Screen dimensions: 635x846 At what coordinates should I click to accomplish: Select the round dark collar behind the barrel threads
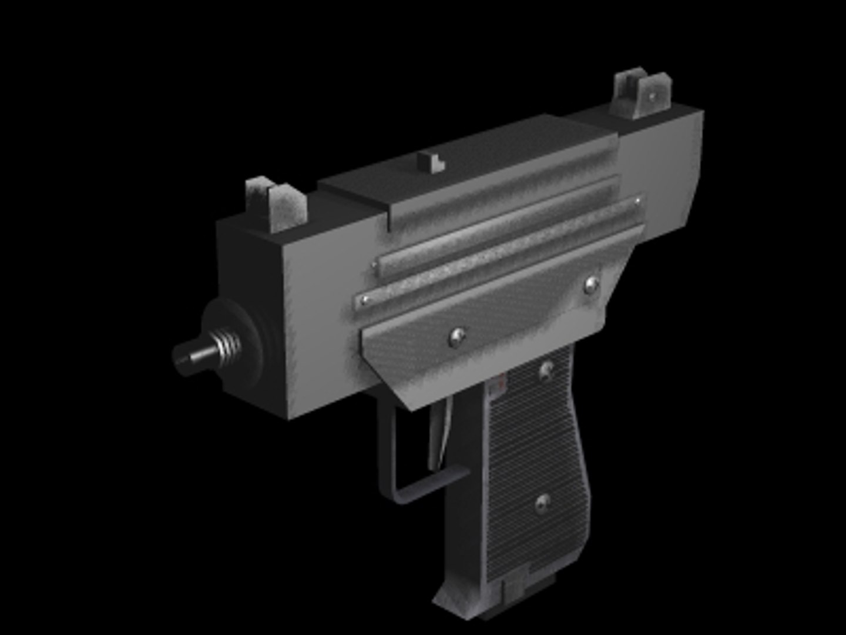[244, 341]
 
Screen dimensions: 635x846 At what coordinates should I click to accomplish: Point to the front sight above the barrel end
[276, 203]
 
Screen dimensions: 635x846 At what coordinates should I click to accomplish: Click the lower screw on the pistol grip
[543, 502]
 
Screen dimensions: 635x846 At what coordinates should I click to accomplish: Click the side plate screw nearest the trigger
[456, 336]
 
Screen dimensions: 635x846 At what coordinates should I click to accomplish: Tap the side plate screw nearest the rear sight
[591, 286]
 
